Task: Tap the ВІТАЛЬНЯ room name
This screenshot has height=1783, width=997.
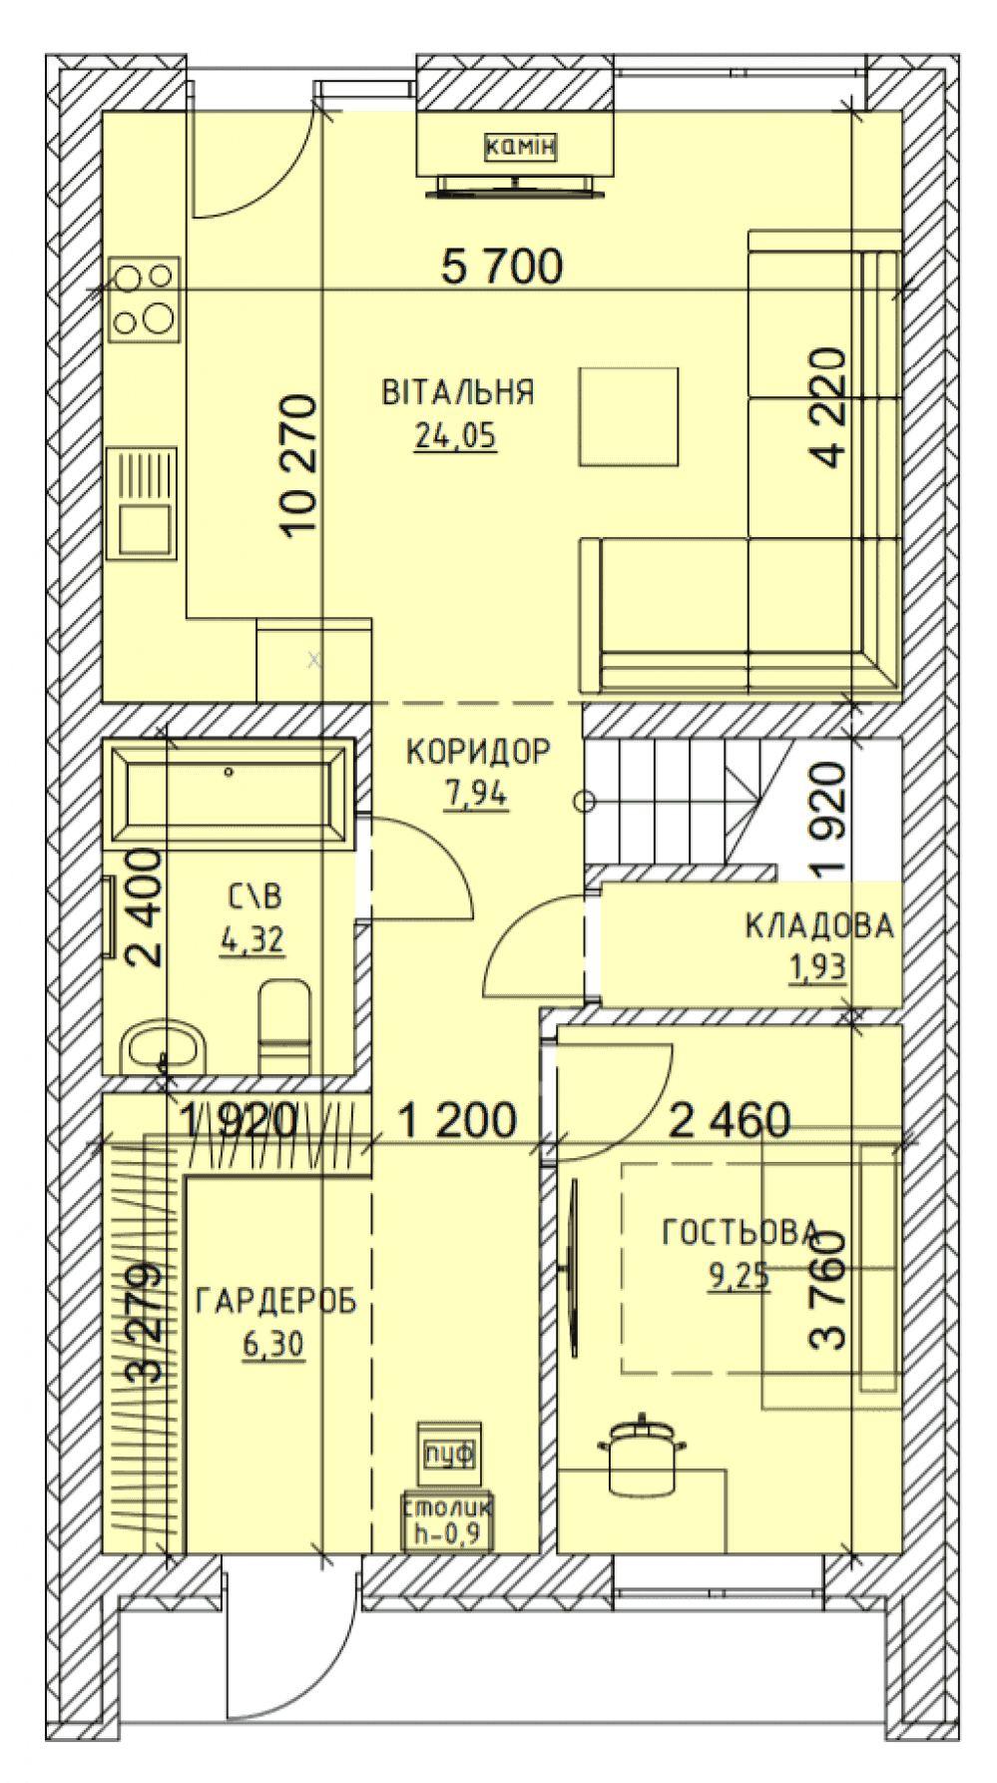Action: [x=458, y=391]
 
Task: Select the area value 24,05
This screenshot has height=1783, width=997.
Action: [x=455, y=436]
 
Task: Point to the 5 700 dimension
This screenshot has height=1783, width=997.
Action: [x=502, y=267]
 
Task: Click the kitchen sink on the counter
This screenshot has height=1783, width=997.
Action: [x=147, y=502]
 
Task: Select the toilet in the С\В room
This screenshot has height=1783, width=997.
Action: [x=284, y=1026]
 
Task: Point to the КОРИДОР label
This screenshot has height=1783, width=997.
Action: [x=478, y=751]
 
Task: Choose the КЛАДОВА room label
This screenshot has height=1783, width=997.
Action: [x=818, y=926]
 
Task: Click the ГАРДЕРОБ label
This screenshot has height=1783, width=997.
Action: [x=276, y=1302]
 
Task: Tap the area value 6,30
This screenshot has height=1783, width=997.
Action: [x=272, y=1346]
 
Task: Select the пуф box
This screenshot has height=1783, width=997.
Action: [x=450, y=1453]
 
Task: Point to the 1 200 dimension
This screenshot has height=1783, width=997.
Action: [x=457, y=1120]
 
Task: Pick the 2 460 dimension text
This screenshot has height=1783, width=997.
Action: [x=730, y=1120]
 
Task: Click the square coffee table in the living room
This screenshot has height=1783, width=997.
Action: [x=629, y=416]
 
